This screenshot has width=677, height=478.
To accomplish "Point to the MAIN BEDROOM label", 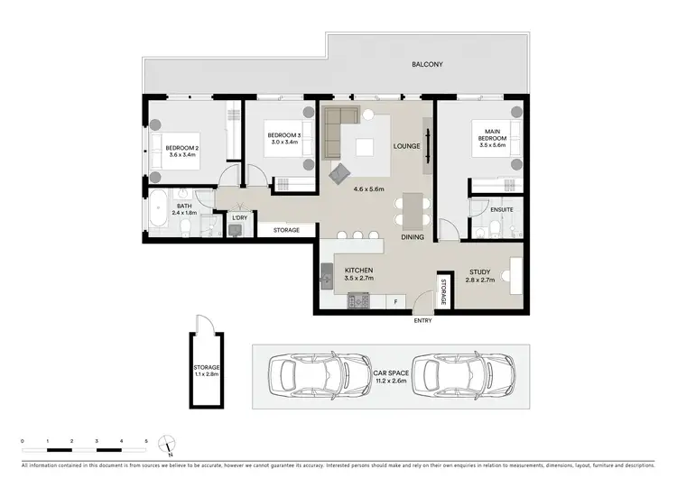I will (492, 136).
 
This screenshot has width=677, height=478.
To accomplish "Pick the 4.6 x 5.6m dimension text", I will (370, 189).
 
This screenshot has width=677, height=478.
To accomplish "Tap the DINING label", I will (413, 237).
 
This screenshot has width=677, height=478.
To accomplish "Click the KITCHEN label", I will (358, 270).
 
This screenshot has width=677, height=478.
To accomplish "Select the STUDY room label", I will (479, 270).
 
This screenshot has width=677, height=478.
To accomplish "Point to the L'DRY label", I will (239, 218).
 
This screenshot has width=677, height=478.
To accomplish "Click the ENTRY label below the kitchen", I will (422, 321).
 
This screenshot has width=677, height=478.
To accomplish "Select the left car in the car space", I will (309, 372).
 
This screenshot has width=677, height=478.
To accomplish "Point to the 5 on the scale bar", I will (146, 441).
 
